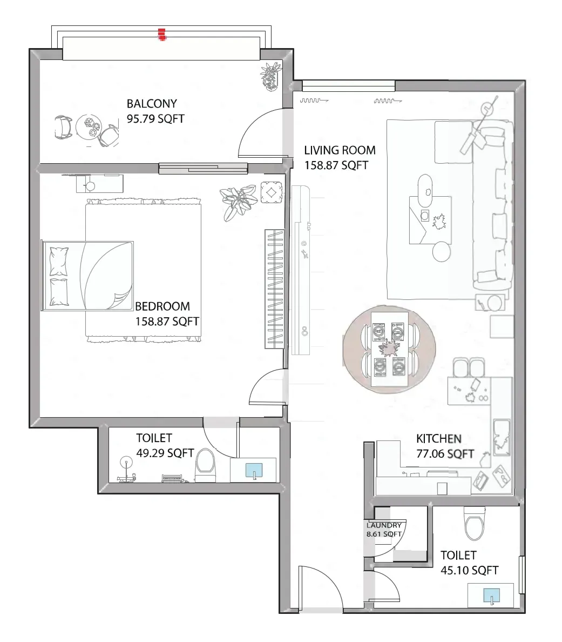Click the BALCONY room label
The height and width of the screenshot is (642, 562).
coord(152,104)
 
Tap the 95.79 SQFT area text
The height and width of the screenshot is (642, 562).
coord(155,119)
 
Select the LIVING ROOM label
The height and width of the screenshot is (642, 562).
coord(340,150)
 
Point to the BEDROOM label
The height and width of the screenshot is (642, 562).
coord(162,306)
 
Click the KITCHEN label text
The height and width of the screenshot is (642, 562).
coord(438,438)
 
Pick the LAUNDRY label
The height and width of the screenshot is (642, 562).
coord(384,525)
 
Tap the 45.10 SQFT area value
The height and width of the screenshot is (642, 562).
coord(469,570)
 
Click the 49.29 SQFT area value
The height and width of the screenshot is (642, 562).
coord(165,453)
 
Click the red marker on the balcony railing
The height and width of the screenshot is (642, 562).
coord(162,35)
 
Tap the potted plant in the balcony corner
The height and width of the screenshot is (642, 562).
coord(270,77)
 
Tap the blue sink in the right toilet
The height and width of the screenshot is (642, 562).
coord(491,596)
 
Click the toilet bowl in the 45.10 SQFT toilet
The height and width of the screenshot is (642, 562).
coord(475,524)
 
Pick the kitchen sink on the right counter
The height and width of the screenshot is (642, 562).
coord(502,437)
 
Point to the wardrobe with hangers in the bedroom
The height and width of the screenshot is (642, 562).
coord(274,289)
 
